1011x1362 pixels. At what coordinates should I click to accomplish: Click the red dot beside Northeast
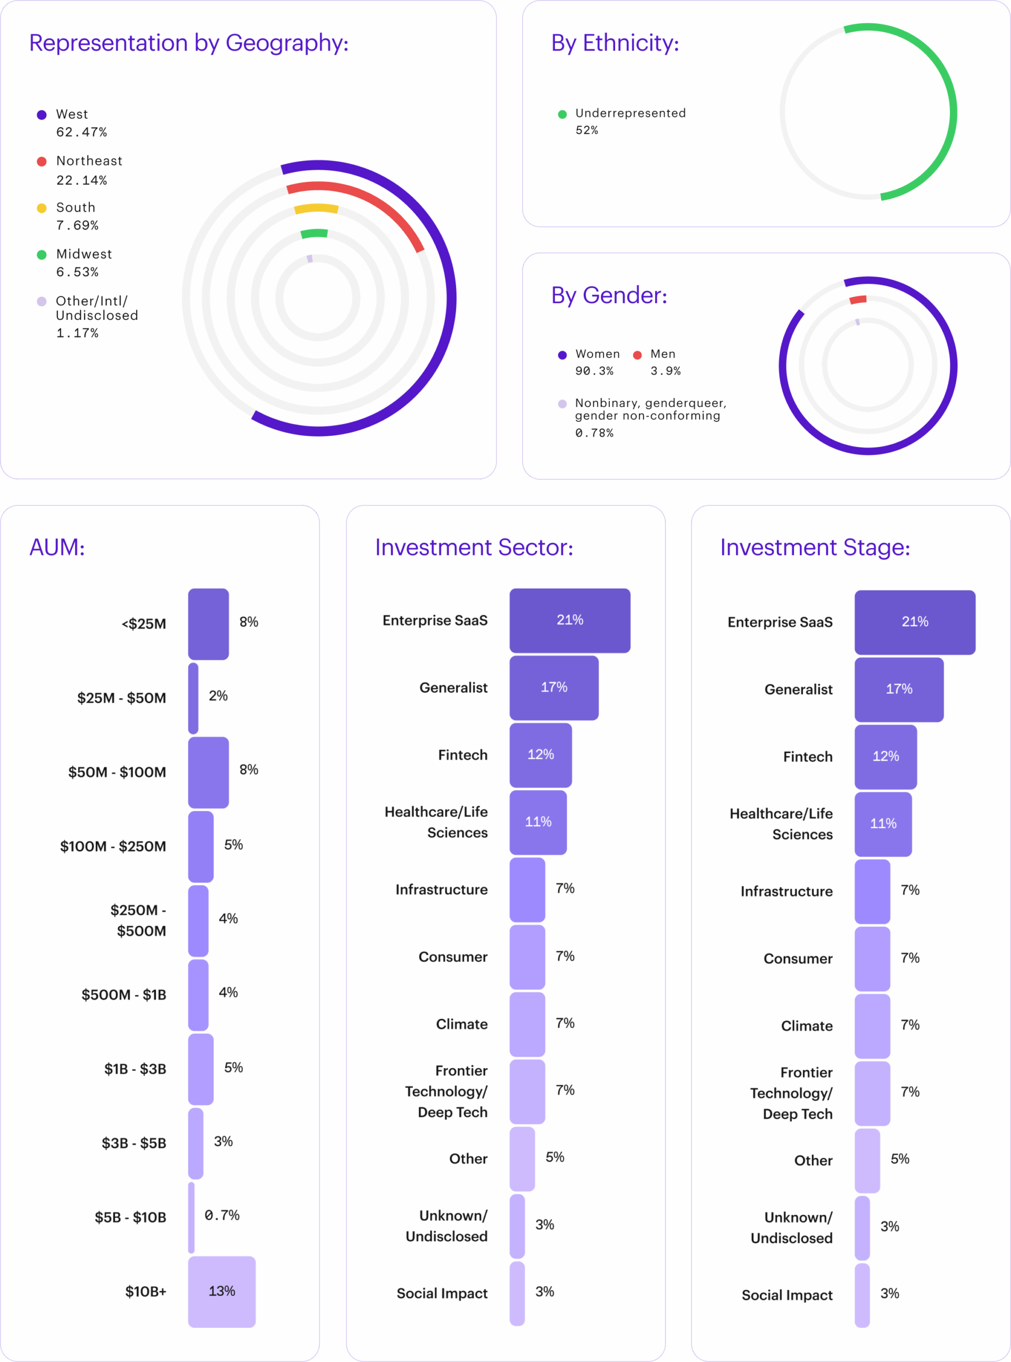[x=42, y=162]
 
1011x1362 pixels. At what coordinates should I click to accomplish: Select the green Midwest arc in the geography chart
[x=314, y=234]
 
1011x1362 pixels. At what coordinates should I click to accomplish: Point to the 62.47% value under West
[x=81, y=132]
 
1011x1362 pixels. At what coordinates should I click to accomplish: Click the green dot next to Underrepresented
[x=562, y=114]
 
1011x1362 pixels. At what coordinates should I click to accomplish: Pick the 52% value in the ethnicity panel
[x=586, y=130]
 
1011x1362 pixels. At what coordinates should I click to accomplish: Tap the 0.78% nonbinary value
[x=594, y=433]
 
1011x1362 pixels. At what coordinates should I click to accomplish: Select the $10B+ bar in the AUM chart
[x=221, y=1291]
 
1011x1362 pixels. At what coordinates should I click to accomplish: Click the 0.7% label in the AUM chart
[x=221, y=1215]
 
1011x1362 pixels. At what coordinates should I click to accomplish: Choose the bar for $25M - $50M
[x=193, y=698]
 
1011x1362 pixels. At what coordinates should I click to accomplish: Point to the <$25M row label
[x=144, y=624]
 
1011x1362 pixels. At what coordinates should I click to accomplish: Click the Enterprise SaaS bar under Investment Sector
[x=569, y=620]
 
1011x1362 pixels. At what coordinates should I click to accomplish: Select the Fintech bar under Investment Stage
[x=885, y=757]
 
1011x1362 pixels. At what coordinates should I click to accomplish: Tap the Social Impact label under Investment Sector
[x=442, y=1293]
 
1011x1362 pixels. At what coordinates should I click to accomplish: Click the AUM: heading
[x=57, y=547]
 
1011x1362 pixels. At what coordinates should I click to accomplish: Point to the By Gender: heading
[x=609, y=295]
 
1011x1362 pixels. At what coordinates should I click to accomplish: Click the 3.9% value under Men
[x=665, y=371]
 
